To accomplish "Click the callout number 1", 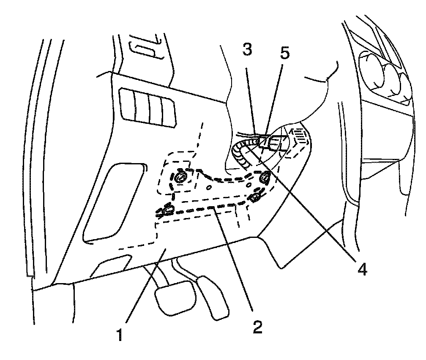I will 120,335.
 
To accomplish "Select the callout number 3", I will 248,50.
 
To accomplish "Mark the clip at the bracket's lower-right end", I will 256,197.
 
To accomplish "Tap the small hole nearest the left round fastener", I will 208,186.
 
